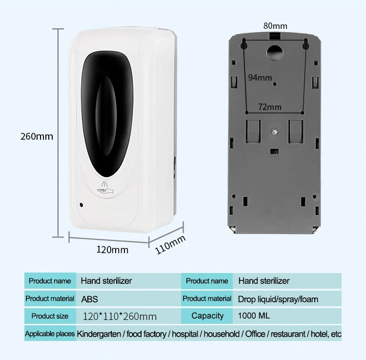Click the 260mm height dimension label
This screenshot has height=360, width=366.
click(37, 136)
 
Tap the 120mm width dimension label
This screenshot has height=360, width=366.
click(112, 250)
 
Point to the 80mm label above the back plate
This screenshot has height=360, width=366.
click(275, 26)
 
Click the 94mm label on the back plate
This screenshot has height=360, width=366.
click(260, 77)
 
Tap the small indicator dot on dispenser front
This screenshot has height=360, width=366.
click(81, 202)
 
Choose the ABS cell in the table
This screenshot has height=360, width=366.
click(89, 298)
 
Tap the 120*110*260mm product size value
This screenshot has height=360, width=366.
click(120, 317)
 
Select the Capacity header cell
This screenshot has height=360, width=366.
click(207, 316)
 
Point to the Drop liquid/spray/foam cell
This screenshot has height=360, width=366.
click(278, 298)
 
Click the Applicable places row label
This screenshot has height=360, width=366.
click(50, 334)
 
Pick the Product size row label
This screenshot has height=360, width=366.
click(50, 316)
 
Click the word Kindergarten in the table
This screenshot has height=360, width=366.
click(101, 334)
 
